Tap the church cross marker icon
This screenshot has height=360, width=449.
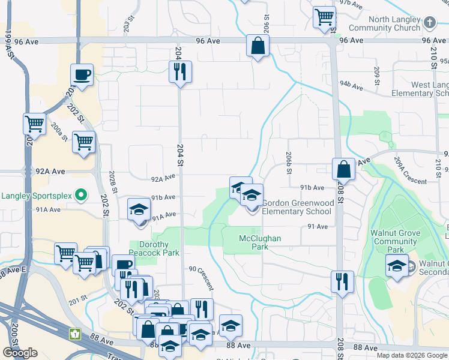click(429, 23)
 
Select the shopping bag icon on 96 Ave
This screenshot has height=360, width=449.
click(258, 46)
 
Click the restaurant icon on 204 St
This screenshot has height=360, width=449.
click(180, 73)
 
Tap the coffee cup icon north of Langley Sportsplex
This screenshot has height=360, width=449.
click(82, 76)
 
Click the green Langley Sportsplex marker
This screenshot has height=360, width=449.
click(82, 195)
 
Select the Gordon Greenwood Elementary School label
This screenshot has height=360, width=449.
click(297, 207)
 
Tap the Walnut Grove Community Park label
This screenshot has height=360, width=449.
click(394, 245)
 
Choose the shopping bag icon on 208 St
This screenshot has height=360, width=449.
click(343, 170)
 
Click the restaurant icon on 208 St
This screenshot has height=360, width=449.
click(342, 281)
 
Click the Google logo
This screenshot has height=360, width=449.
click(20, 353)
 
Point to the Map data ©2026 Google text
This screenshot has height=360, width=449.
click(412, 355)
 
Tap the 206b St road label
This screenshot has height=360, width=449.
click(289, 163)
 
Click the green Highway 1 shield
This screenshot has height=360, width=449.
click(76, 334)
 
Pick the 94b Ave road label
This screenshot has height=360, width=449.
click(352, 86)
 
